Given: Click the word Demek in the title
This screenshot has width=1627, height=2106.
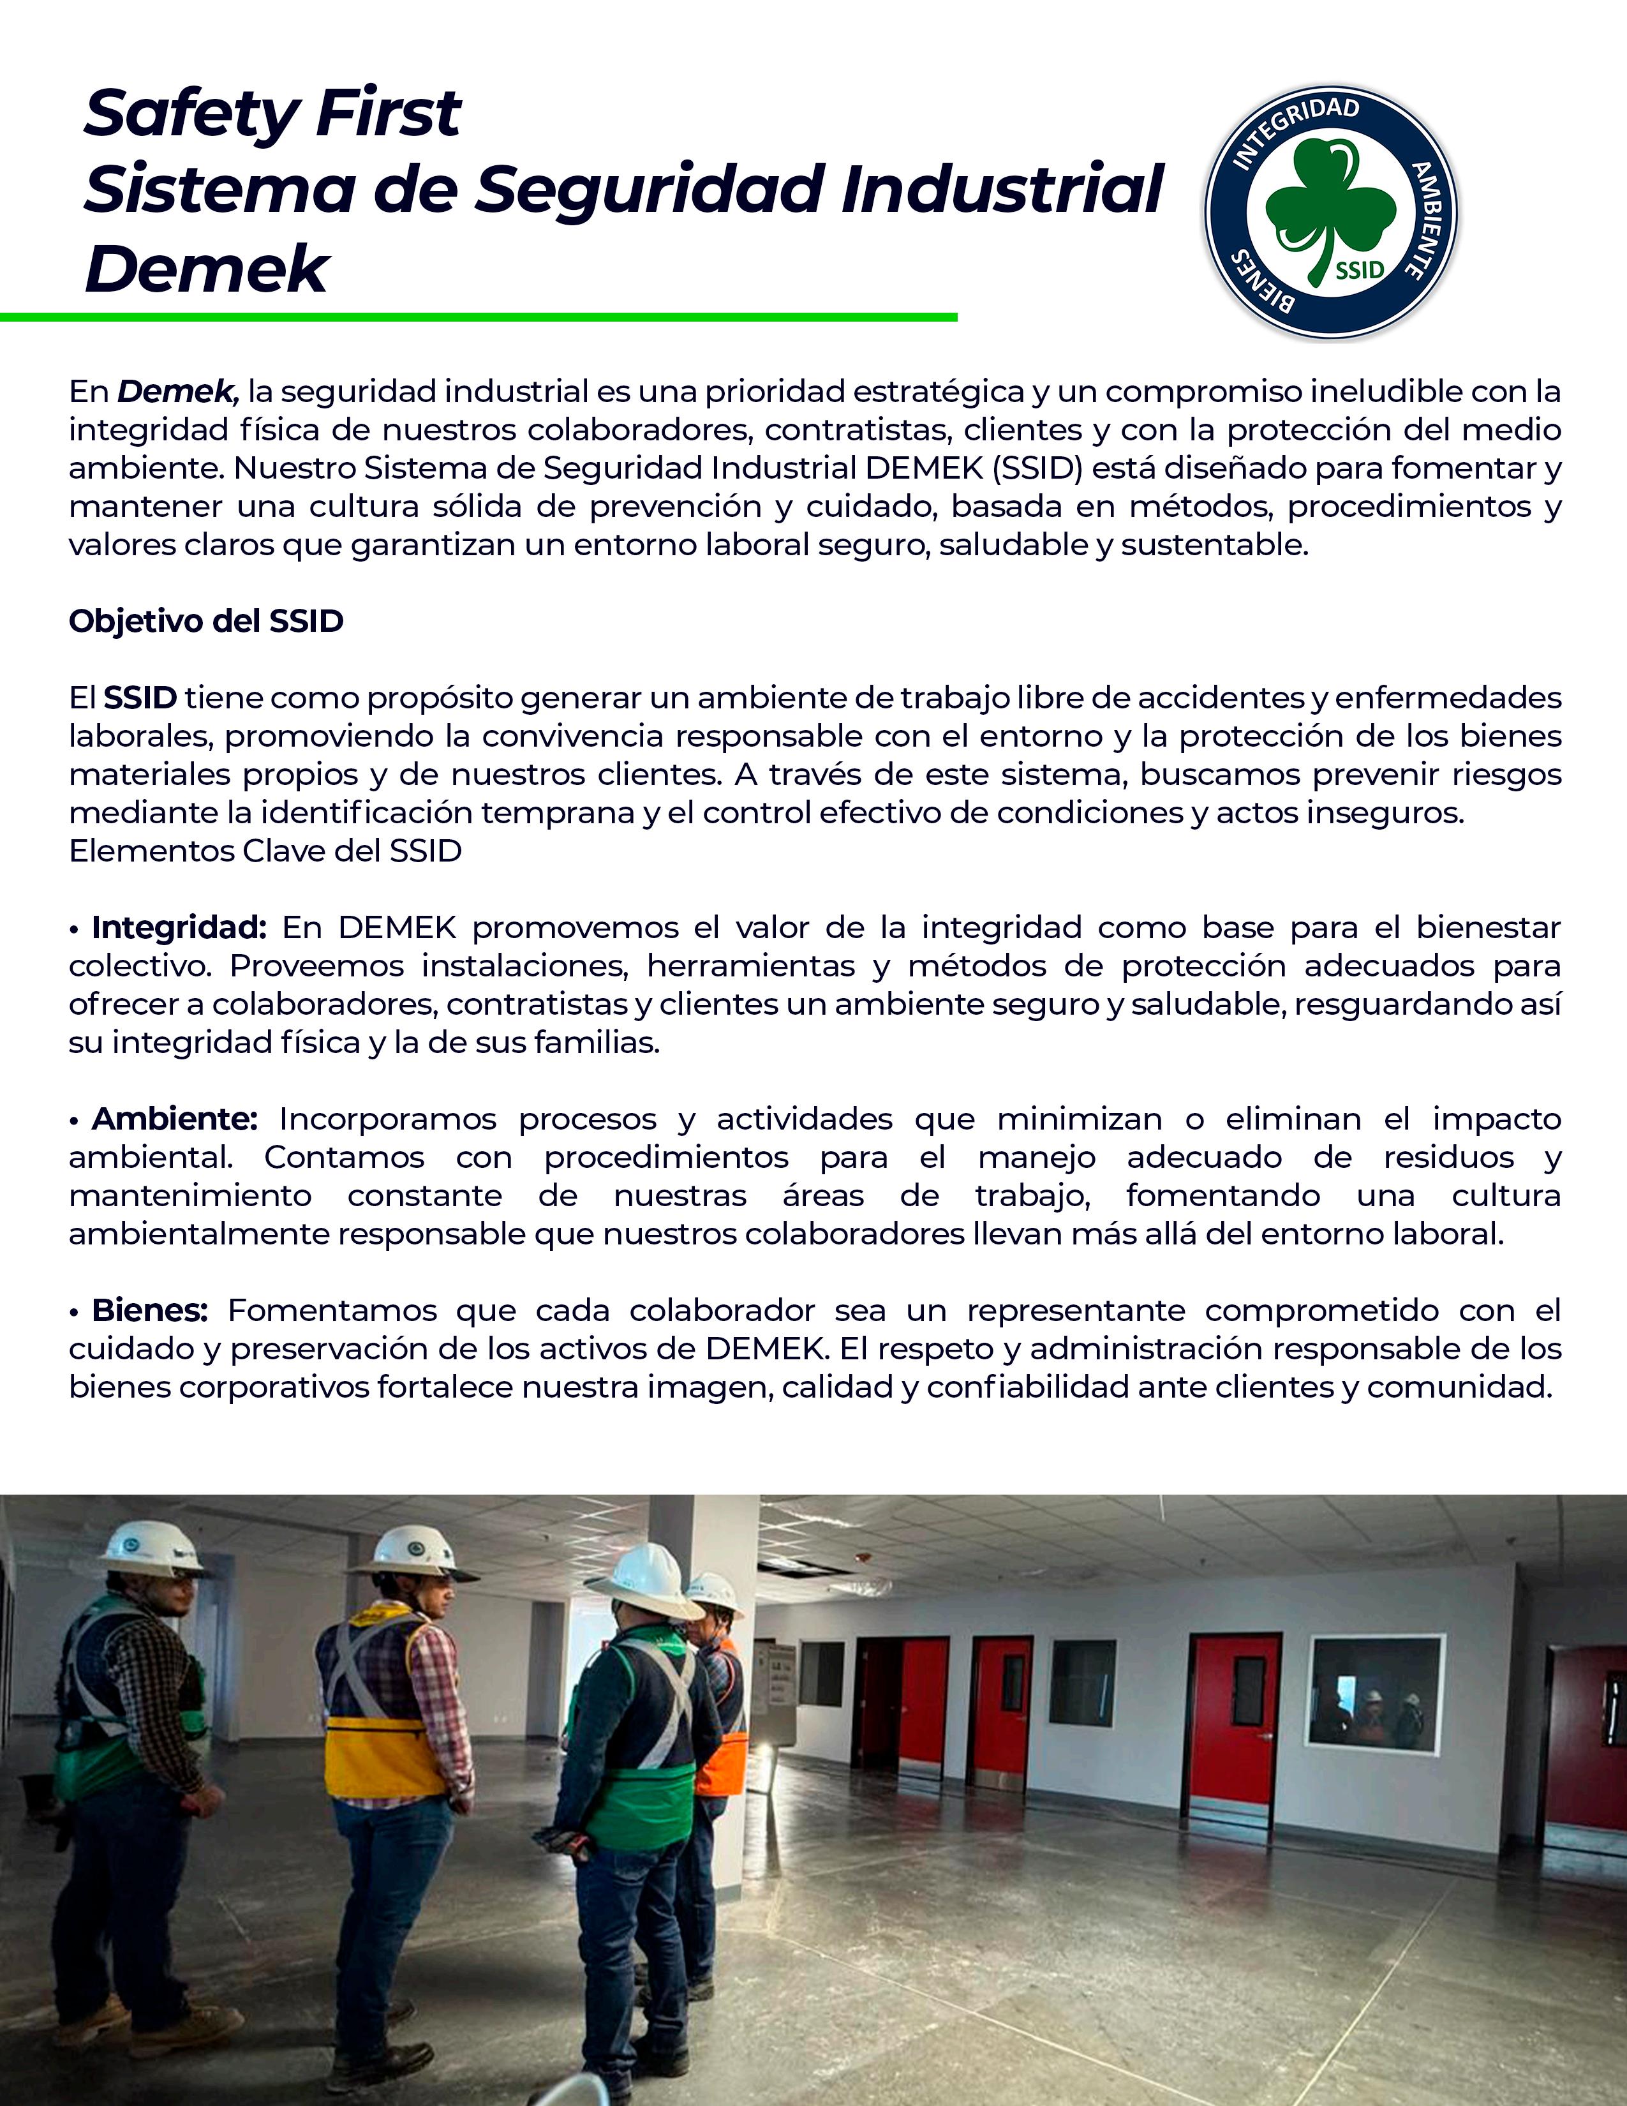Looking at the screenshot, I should click(x=207, y=268).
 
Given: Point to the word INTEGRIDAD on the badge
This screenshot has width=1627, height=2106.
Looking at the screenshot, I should click(x=1296, y=130).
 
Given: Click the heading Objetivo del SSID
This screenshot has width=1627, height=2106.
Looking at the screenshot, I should click(x=206, y=621).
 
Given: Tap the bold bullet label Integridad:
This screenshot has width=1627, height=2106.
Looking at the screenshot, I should click(x=178, y=928).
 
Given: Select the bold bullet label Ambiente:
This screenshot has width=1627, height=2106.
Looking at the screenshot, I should click(x=174, y=1119).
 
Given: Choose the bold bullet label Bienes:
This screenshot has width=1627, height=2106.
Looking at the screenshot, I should click(x=149, y=1310).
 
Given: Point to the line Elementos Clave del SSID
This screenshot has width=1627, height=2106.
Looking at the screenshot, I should click(x=265, y=851).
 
